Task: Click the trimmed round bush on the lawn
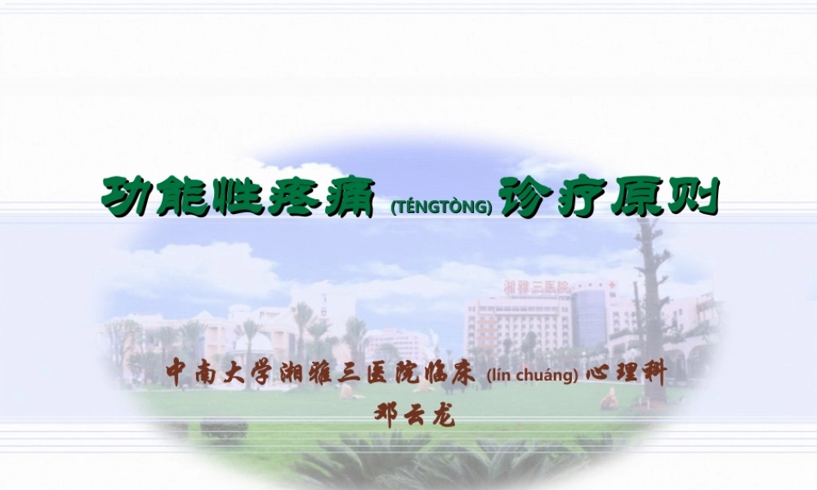pyautogui.click(x=224, y=428)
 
